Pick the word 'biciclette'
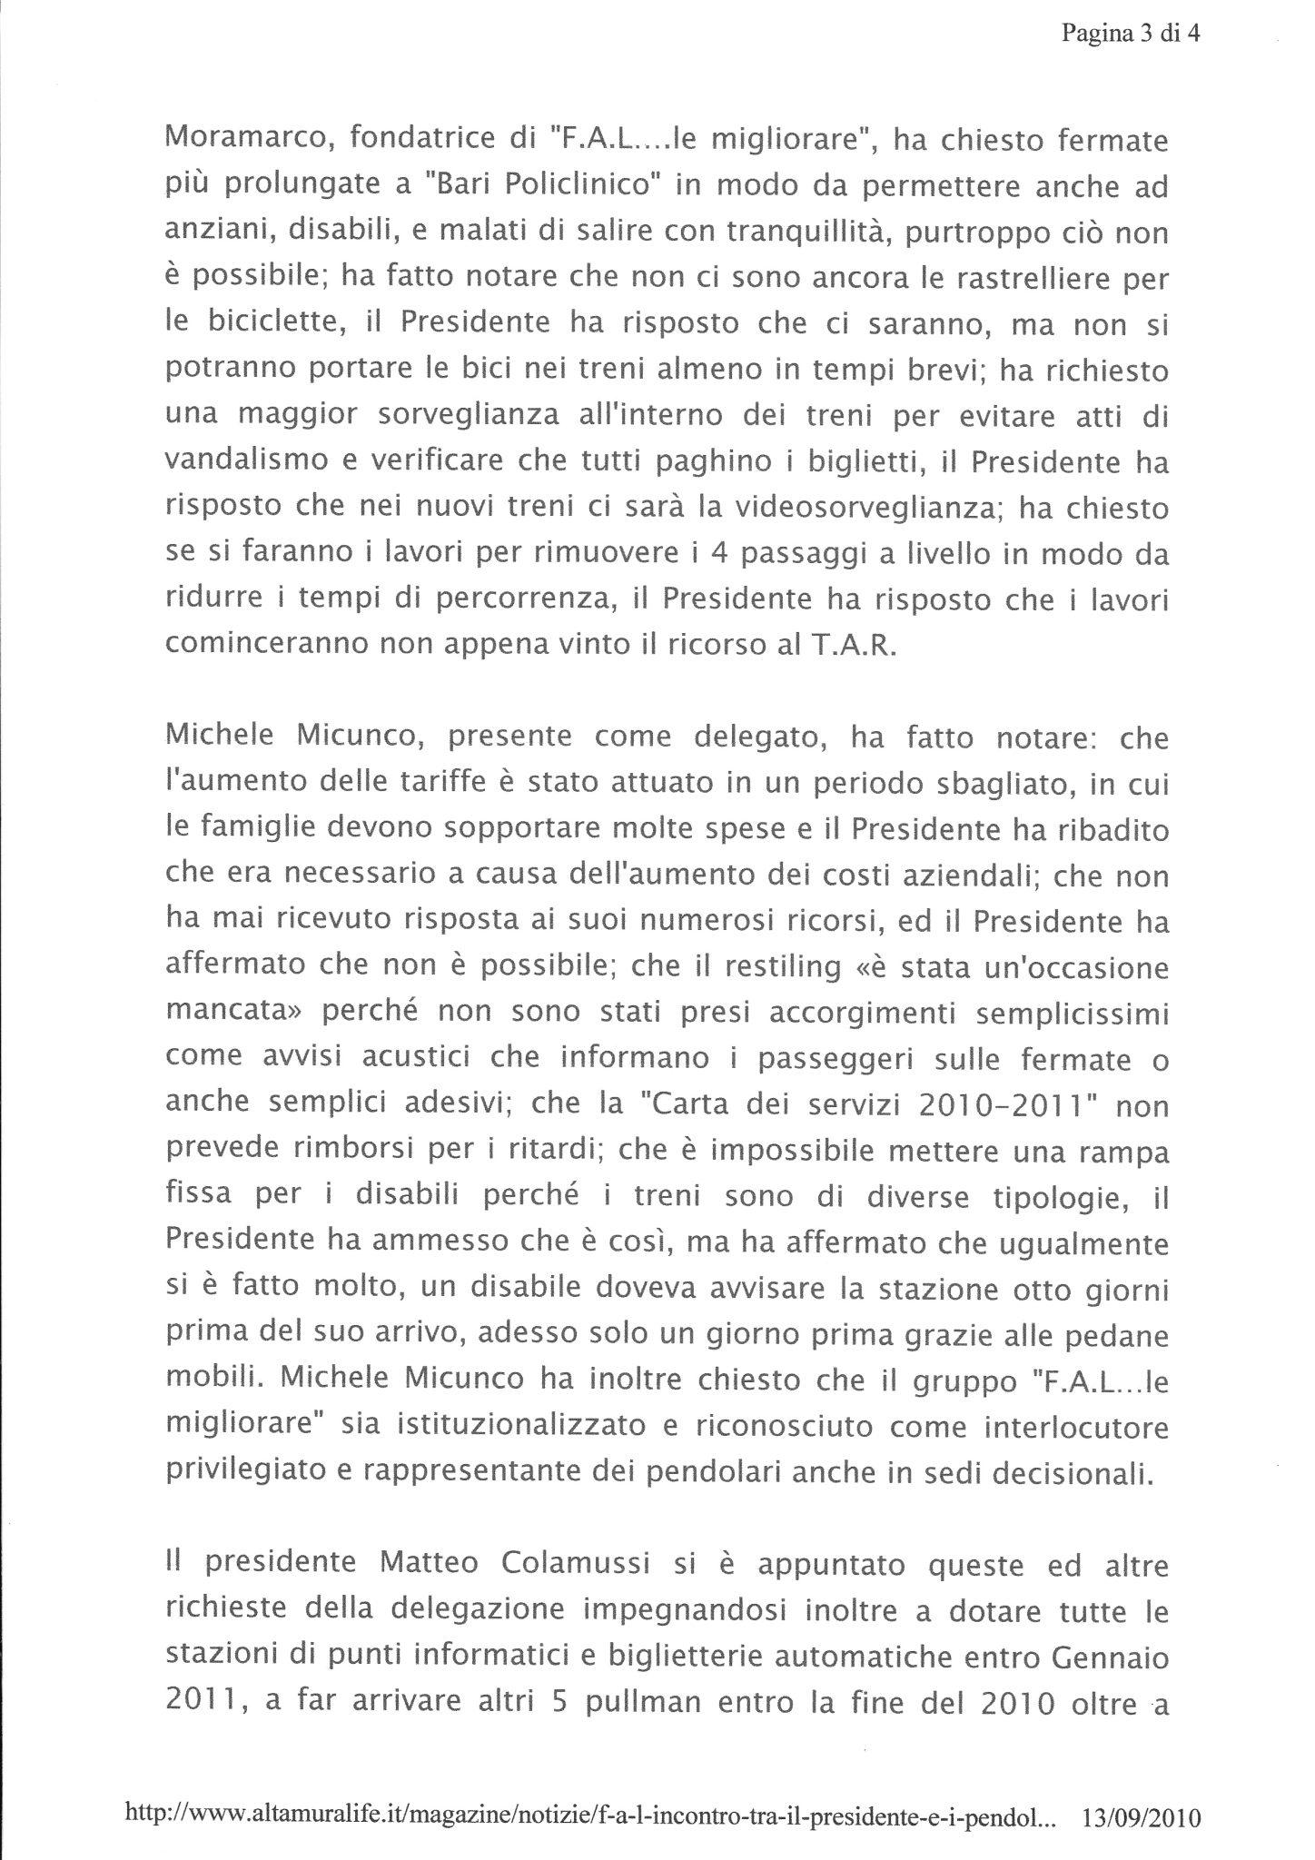255,324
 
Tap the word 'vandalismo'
247,461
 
